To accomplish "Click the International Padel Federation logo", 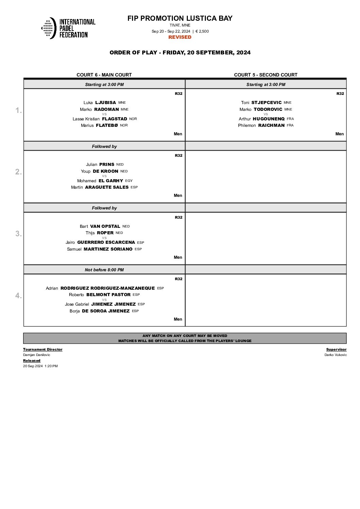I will point(68,28).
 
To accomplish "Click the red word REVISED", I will point(180,37).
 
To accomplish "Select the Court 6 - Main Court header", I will point(104,75).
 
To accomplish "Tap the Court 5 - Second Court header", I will point(265,75).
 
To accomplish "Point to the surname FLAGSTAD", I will point(114,119).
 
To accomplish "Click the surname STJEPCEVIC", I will point(266,102).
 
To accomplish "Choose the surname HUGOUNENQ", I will point(268,119).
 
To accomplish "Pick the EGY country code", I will point(129,181).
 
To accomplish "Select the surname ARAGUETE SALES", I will point(107,187).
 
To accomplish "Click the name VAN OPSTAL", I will point(105,226).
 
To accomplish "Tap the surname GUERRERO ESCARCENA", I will point(106,242).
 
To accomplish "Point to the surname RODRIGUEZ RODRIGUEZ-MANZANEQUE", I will point(108,288).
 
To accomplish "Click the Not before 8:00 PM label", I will point(104,270).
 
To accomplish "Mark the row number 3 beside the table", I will point(18,234).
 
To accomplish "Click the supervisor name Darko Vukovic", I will point(336,355).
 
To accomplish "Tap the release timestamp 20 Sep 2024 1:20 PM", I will point(40,366).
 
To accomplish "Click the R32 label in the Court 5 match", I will point(340,94).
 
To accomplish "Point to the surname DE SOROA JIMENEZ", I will point(105,311).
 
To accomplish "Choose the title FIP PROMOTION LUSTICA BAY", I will point(180,18).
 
